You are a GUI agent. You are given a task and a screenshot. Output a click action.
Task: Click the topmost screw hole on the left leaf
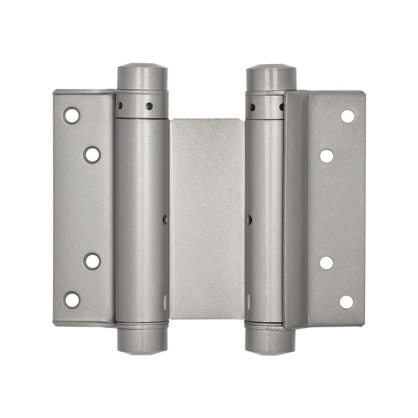(71, 116)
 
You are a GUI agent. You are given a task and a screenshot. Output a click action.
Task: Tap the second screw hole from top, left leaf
(92, 155)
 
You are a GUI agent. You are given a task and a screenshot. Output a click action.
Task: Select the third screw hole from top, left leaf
(92, 261)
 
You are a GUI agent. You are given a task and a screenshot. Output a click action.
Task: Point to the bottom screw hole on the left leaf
(71, 300)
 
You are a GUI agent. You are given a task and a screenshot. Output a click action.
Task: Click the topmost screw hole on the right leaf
(347, 116)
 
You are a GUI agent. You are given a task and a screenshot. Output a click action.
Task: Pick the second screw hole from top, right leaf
(327, 155)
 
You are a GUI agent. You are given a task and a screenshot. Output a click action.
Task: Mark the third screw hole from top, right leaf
(327, 263)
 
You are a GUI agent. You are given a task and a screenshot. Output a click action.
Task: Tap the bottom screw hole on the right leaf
(347, 302)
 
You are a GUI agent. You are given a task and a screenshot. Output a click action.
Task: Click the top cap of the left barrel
(141, 76)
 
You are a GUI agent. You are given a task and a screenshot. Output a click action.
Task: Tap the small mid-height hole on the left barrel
(165, 219)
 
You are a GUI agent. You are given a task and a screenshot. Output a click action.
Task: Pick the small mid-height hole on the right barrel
(249, 219)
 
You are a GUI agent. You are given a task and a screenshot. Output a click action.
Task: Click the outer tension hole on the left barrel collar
(121, 105)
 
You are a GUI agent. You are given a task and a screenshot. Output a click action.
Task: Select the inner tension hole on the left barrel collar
(150, 106)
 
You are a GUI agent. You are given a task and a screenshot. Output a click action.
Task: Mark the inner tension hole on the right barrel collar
(252, 106)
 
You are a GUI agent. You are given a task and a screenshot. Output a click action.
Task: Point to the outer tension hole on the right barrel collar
(281, 106)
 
